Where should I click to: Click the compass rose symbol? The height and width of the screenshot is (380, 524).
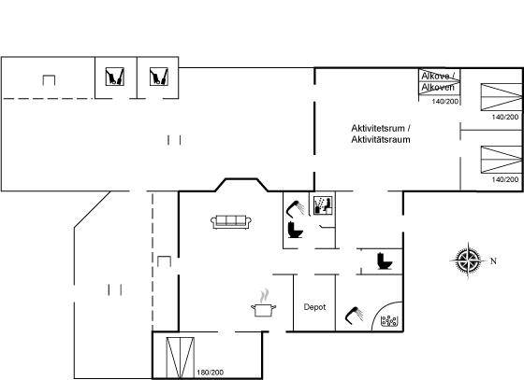[x=468, y=260]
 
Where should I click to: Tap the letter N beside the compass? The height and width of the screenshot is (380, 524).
[x=493, y=261]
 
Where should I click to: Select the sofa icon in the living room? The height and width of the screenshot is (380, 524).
[x=231, y=222]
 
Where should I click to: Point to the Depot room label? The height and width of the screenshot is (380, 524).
[x=314, y=307]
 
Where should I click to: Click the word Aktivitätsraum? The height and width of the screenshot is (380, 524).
[x=381, y=139]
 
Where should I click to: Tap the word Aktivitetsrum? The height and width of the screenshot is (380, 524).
[x=378, y=128]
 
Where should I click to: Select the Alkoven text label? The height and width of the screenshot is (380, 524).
[x=438, y=88]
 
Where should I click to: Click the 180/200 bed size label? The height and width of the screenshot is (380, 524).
[x=211, y=373]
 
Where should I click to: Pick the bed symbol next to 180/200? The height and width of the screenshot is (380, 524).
[x=180, y=358]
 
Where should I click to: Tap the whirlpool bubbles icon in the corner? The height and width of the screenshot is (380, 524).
[x=389, y=321]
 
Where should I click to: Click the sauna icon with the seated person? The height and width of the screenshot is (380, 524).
[x=323, y=205]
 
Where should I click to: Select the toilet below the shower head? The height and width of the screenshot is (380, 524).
[x=295, y=230]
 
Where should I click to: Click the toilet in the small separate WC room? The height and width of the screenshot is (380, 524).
[x=384, y=261]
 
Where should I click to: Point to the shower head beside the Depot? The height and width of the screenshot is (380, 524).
[x=355, y=315]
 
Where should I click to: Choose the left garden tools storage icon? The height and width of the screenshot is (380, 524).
[x=115, y=77]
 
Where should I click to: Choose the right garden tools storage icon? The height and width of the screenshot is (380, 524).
[x=159, y=77]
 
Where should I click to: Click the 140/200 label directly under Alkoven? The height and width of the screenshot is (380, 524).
[x=445, y=102]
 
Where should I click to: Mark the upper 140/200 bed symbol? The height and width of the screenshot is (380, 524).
[x=502, y=97]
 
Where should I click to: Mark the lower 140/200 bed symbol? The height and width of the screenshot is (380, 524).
[x=502, y=160]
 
